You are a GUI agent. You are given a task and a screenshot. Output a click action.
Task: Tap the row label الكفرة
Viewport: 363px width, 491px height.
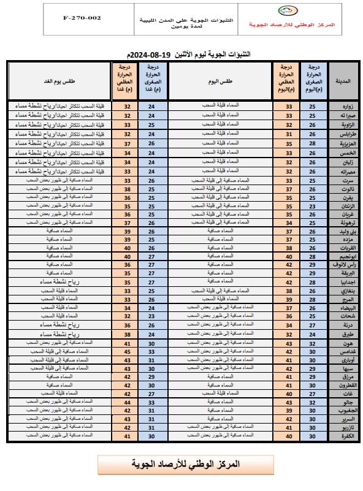pos(340,436)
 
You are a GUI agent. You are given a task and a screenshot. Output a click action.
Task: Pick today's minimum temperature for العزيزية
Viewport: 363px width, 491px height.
pos(313,143)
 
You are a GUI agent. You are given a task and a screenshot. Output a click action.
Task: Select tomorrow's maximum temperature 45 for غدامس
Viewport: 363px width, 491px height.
pos(128,352)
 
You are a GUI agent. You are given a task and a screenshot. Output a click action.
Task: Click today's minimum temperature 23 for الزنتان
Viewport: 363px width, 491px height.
pos(313,207)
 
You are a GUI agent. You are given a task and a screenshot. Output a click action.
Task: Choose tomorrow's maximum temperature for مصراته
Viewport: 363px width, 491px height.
pos(128,172)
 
